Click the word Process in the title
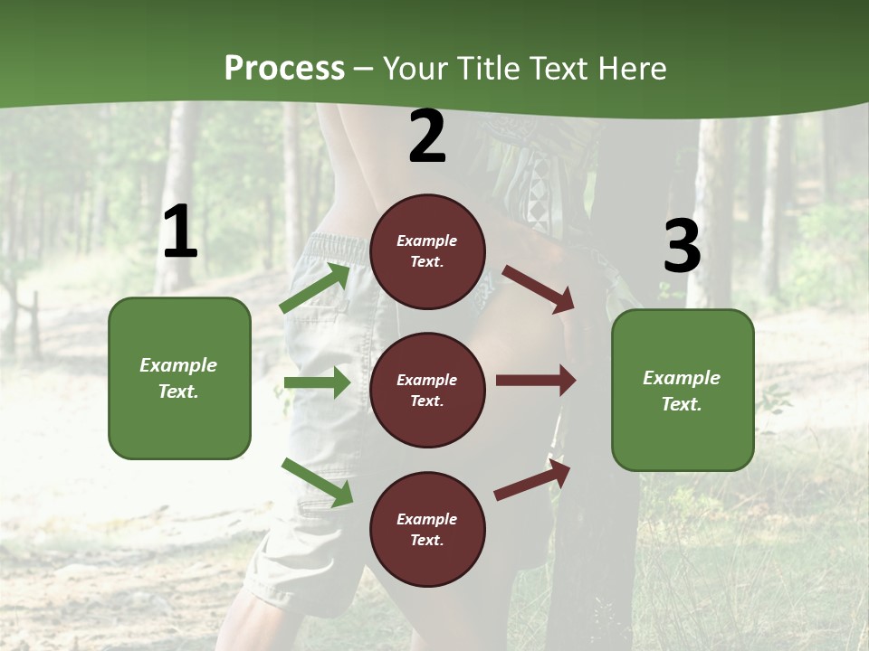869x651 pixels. (284, 69)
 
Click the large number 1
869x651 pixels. (180, 233)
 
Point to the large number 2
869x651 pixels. (427, 137)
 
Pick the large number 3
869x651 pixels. (682, 247)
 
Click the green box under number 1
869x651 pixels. (179, 378)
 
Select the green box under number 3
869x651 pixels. (683, 390)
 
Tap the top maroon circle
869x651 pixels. (427, 251)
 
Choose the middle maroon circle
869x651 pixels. (427, 390)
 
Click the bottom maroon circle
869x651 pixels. (427, 529)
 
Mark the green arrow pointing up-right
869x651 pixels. (315, 288)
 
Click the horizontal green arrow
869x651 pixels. (317, 383)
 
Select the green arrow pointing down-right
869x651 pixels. (317, 482)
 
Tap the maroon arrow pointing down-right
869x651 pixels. (539, 288)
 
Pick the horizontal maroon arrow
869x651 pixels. (536, 380)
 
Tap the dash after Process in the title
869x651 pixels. (364, 69)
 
